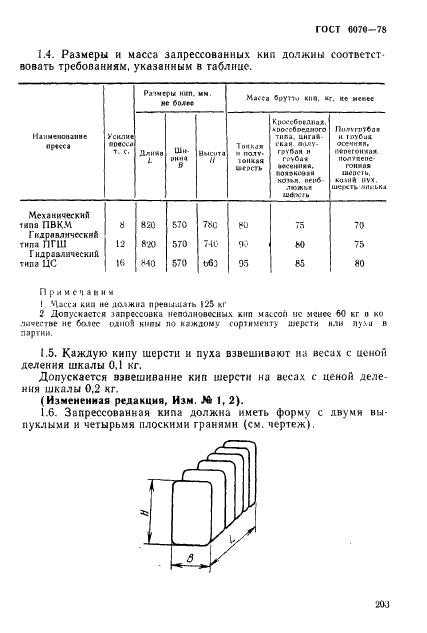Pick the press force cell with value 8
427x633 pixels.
click(x=121, y=225)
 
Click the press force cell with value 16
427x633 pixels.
click(x=121, y=263)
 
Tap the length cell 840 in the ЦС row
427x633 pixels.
click(x=149, y=263)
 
